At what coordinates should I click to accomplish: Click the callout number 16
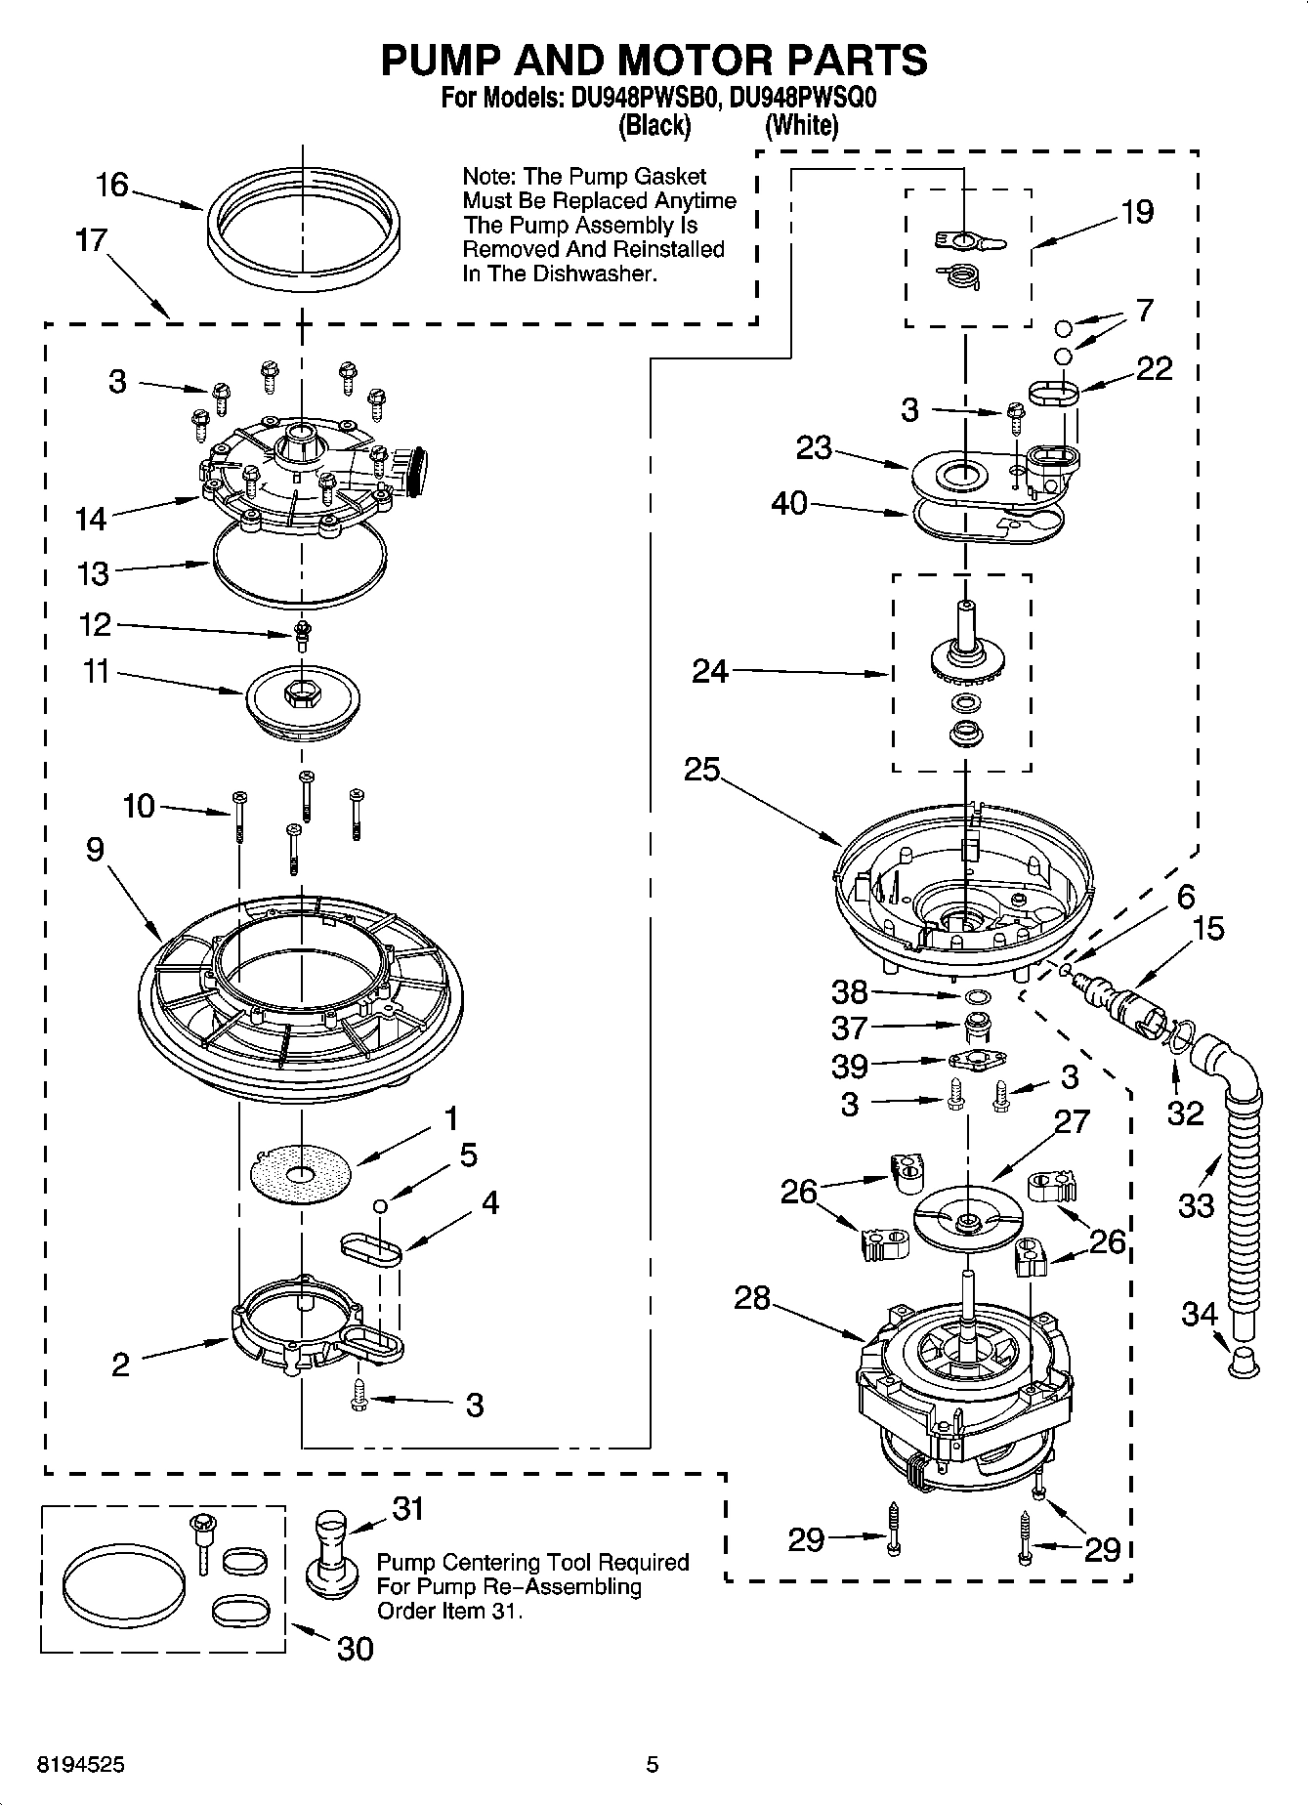112,184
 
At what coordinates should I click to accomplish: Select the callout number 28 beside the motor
753,1298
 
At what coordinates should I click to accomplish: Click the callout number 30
355,1649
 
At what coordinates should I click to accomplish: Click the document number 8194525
80,1765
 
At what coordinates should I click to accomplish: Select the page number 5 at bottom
653,1765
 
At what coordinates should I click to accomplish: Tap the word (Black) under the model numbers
654,125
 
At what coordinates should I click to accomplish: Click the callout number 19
1137,211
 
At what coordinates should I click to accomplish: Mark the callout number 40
789,503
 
